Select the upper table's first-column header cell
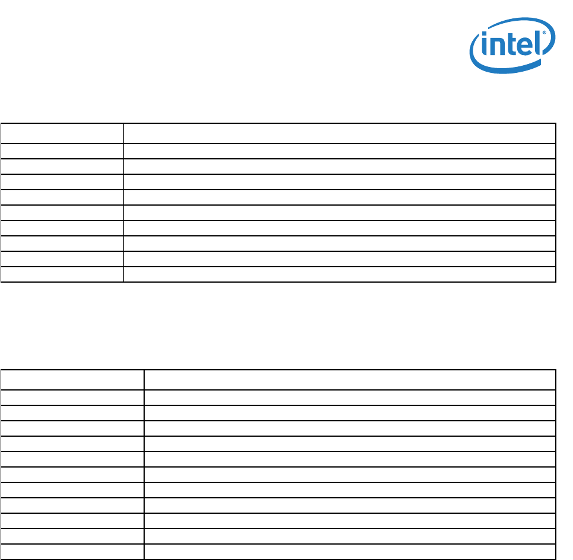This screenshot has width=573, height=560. tap(62, 133)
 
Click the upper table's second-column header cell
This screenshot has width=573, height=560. tap(339, 133)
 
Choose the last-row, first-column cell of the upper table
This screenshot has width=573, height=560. tap(62, 274)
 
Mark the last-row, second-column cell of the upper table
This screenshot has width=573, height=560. tap(339, 274)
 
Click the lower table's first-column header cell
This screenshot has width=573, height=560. tap(72, 380)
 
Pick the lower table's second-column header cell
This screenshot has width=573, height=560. tap(350, 380)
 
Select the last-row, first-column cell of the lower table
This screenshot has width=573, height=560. tap(72, 552)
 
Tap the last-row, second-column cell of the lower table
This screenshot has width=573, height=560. tap(350, 552)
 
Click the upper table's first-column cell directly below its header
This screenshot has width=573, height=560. tap(62, 151)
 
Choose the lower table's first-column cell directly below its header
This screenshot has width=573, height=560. tap(72, 398)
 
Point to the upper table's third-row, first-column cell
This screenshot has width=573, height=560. tap(62, 167)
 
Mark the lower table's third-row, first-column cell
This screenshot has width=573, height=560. tap(72, 413)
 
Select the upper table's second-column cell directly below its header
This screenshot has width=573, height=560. tap(339, 151)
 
